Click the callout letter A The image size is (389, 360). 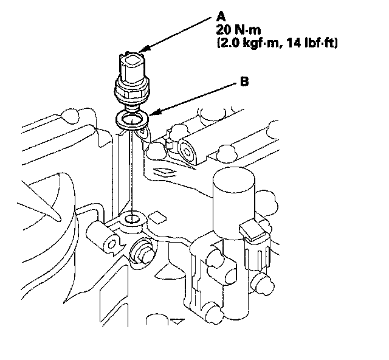(221, 17)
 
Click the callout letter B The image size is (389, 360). (244, 81)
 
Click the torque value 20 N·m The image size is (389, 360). (238, 30)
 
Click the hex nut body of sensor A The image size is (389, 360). (132, 91)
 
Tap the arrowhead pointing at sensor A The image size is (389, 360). (144, 49)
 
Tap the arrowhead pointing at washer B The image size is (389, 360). (154, 112)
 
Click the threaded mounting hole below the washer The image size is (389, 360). (133, 219)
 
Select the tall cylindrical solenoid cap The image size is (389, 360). (233, 204)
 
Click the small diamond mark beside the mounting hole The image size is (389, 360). (157, 216)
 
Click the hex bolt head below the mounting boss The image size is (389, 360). (142, 251)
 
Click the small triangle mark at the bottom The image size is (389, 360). (177, 322)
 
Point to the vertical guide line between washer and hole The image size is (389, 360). (133, 171)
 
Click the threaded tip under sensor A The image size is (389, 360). (133, 108)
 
